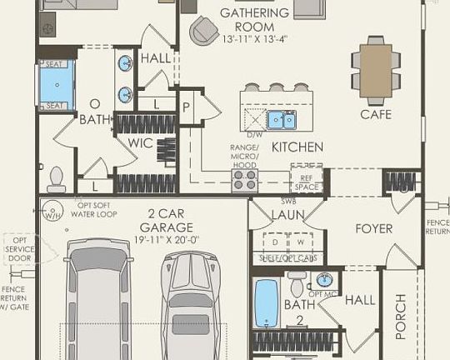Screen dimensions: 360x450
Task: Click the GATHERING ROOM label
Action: tap(254, 13)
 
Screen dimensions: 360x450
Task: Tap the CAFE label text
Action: tap(376, 114)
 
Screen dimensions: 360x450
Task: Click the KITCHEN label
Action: tap(297, 147)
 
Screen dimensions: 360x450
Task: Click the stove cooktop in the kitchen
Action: tap(244, 180)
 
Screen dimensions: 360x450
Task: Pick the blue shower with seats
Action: tap(57, 84)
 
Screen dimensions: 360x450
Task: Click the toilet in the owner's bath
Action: tap(57, 178)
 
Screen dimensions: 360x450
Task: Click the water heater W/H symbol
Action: tap(55, 213)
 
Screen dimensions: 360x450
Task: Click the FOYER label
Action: tap(373, 228)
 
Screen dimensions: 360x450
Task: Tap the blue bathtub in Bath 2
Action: tap(266, 305)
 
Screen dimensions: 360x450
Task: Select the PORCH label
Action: tap(401, 317)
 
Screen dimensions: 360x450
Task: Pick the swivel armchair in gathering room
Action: tap(202, 32)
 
